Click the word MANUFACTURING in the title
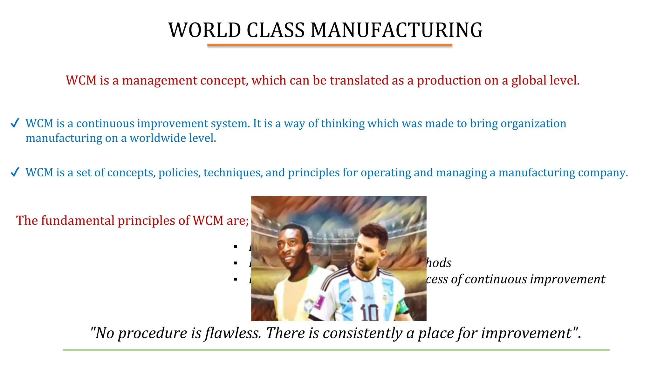pos(396,30)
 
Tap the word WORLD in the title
pos(205,30)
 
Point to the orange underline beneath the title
pos(330,45)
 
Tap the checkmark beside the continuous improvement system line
pos(15,123)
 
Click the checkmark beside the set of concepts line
pos(15,173)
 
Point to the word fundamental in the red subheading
pos(78,220)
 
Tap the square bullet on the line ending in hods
pos(235,263)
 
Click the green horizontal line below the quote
pos(336,350)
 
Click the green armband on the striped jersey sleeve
pos(402,307)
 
